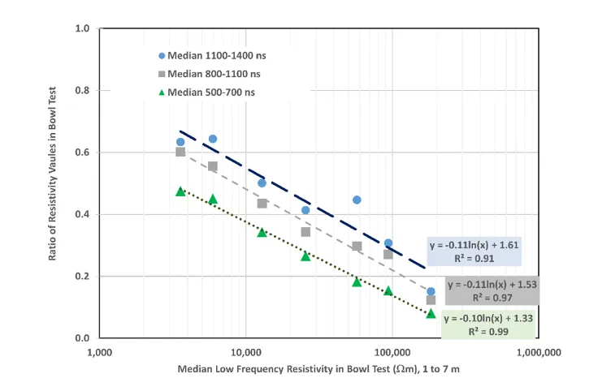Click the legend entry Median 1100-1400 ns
click(212, 56)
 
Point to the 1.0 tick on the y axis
click(82, 29)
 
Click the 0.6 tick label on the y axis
click(82, 153)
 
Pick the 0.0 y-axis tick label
click(82, 338)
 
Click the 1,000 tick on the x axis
click(99, 353)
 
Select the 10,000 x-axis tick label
click(245, 353)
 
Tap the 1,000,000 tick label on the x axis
click(539, 353)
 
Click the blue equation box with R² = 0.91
click(474, 252)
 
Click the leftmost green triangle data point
click(180, 191)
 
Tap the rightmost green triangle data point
click(431, 313)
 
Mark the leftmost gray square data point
click(180, 152)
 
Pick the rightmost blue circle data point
click(431, 291)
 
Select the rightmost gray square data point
click(431, 300)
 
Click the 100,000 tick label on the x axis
click(392, 353)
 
